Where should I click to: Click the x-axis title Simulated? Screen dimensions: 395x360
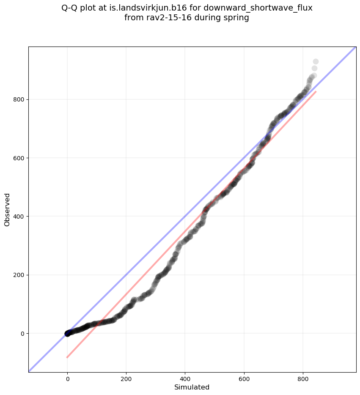point(192,387)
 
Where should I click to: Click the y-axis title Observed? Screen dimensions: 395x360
point(7,209)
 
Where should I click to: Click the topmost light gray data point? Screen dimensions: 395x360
point(316,62)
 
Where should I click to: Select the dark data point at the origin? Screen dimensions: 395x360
point(67,333)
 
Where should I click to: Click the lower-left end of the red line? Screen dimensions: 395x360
point(67,357)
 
